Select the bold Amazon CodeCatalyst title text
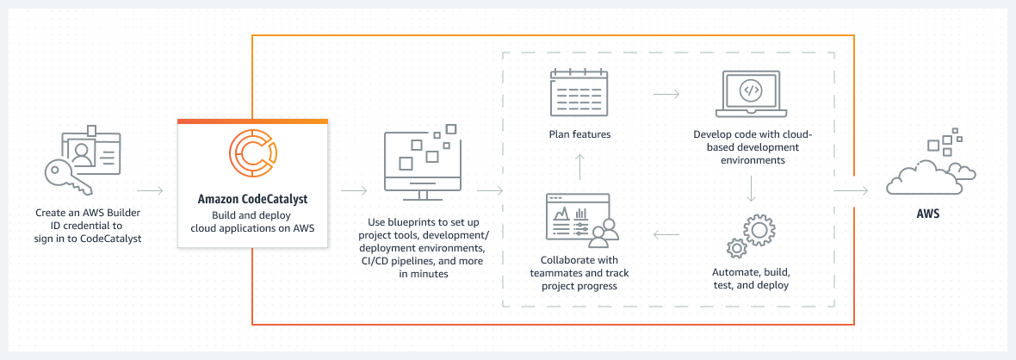coord(252,199)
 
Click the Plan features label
coord(579,133)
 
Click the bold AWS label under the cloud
coord(927,213)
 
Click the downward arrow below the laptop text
coord(752,189)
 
